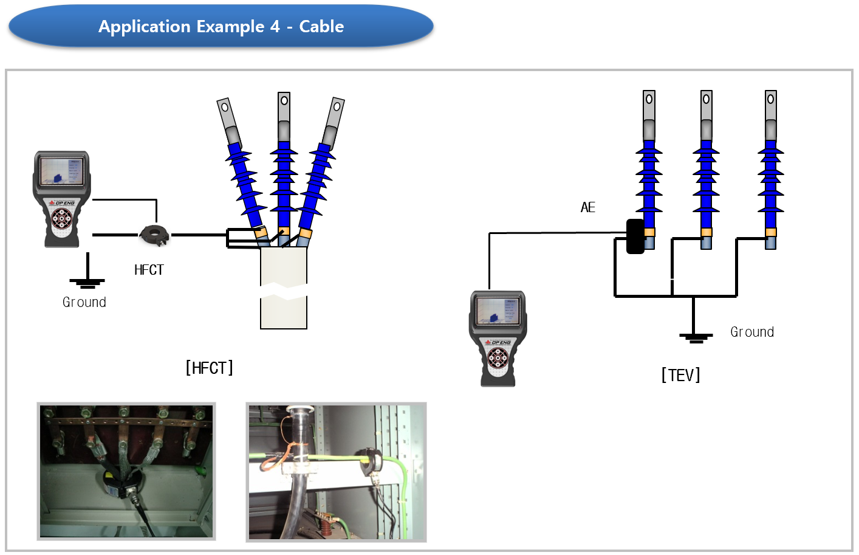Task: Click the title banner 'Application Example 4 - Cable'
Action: point(221,27)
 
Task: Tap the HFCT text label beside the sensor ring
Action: point(149,270)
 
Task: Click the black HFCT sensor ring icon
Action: point(154,235)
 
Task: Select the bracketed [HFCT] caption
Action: point(209,368)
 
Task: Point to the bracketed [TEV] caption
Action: point(680,375)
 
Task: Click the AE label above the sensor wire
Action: point(587,207)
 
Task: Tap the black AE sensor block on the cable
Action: point(635,236)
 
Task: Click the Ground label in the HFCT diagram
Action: point(84,302)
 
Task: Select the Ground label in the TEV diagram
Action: point(752,332)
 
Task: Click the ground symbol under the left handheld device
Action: point(87,281)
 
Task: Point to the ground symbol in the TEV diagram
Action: point(695,336)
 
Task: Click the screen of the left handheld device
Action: point(61,171)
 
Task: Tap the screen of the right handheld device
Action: point(497,310)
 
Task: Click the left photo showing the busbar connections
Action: point(126,471)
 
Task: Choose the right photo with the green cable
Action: point(336,472)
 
